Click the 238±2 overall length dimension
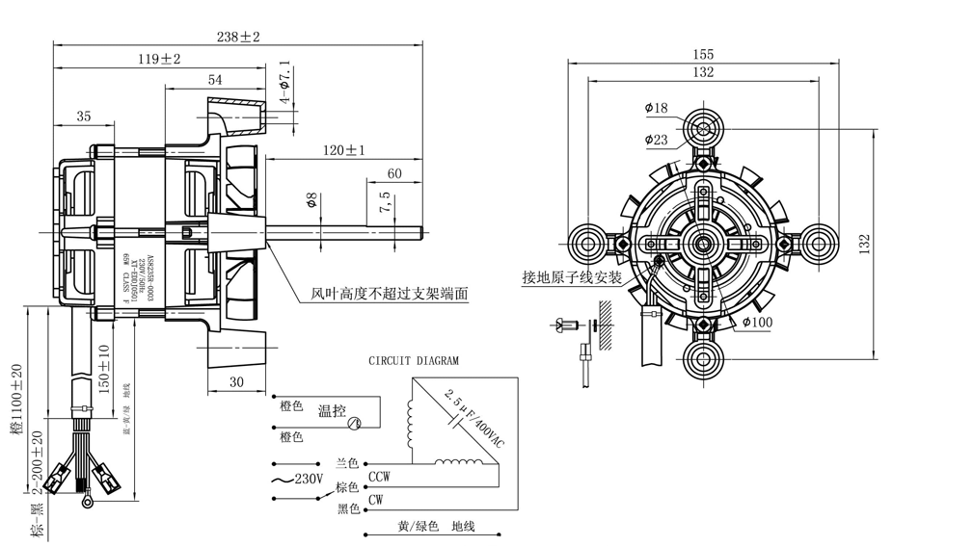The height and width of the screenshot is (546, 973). click(x=238, y=37)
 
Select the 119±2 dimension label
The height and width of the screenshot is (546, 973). click(x=160, y=60)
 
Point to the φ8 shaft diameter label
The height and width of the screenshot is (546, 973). click(x=311, y=201)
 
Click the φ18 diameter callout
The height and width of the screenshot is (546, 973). click(x=656, y=108)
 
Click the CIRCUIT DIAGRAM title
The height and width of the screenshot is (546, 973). click(x=414, y=361)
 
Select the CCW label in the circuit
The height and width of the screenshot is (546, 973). click(x=379, y=476)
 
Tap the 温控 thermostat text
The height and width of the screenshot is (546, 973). click(x=332, y=411)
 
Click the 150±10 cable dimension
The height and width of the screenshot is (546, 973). click(x=103, y=369)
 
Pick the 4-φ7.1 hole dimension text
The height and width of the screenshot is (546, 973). click(x=284, y=84)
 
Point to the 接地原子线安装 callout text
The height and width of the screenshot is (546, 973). click(x=572, y=277)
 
